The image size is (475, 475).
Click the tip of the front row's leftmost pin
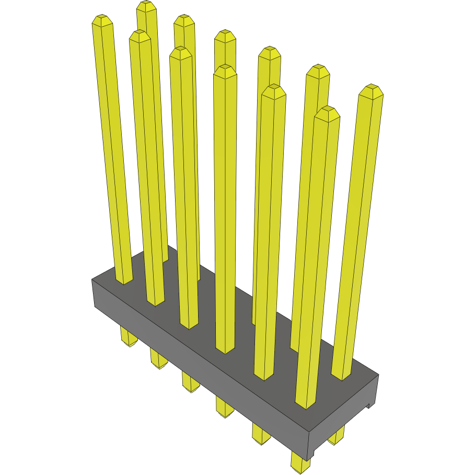102,20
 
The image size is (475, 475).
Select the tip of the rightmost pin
371,88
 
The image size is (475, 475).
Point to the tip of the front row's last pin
327,111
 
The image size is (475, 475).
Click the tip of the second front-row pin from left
140,35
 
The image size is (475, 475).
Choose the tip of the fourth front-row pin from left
225,69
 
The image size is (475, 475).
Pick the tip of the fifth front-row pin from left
273,89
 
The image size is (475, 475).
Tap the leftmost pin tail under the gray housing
128,337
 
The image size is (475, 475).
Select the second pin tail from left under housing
158,360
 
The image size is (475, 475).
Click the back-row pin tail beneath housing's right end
337,435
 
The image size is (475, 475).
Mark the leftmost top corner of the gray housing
92,280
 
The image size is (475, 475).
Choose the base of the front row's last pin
305,406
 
